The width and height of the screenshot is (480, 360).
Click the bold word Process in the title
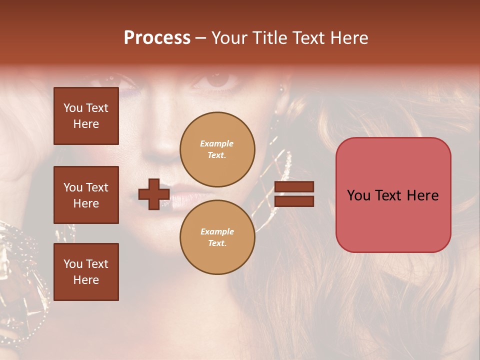pyautogui.click(x=157, y=38)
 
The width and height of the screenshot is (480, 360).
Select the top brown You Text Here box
pyautogui.click(x=86, y=116)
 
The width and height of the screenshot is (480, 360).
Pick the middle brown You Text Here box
pyautogui.click(x=86, y=195)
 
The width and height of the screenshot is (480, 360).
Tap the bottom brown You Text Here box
pyautogui.click(x=86, y=272)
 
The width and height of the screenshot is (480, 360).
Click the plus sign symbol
pyautogui.click(x=154, y=194)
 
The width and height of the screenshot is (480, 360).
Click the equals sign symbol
pyautogui.click(x=294, y=194)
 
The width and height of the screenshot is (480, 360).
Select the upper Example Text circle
pyautogui.click(x=217, y=149)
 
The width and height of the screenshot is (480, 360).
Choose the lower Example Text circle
pyautogui.click(x=217, y=237)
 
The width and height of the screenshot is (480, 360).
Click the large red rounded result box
pyautogui.click(x=393, y=195)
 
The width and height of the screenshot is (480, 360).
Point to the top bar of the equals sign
pyautogui.click(x=294, y=187)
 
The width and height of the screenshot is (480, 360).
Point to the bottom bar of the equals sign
pyautogui.click(x=294, y=201)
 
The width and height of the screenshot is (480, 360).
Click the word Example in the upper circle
pyautogui.click(x=217, y=144)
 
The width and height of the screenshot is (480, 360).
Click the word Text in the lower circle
pyautogui.click(x=217, y=243)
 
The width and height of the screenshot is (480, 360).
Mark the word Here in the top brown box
pyautogui.click(x=86, y=124)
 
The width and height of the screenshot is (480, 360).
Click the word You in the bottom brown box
pyautogui.click(x=72, y=264)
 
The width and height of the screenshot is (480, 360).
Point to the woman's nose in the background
pyautogui.click(x=165, y=142)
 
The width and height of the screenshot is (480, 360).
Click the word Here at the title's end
pyautogui.click(x=349, y=38)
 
